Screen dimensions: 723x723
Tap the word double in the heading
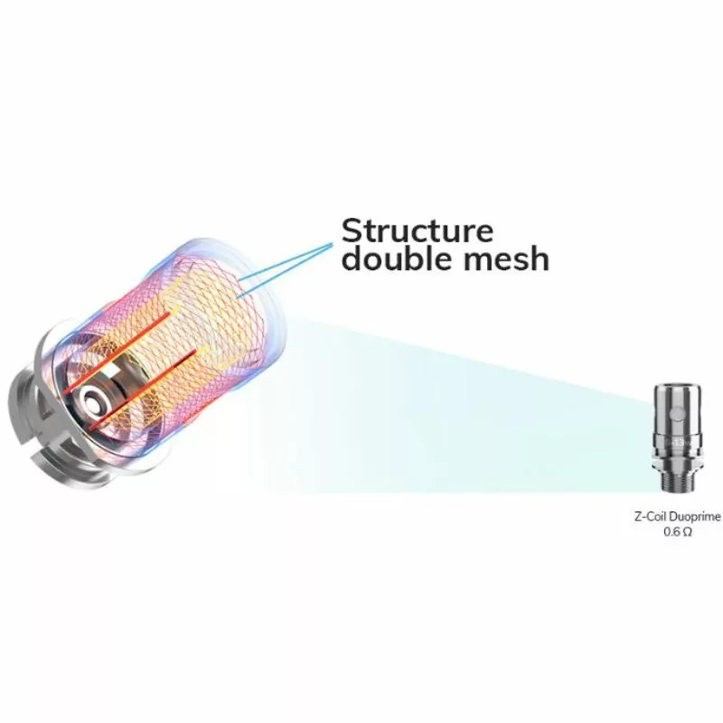(390, 259)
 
